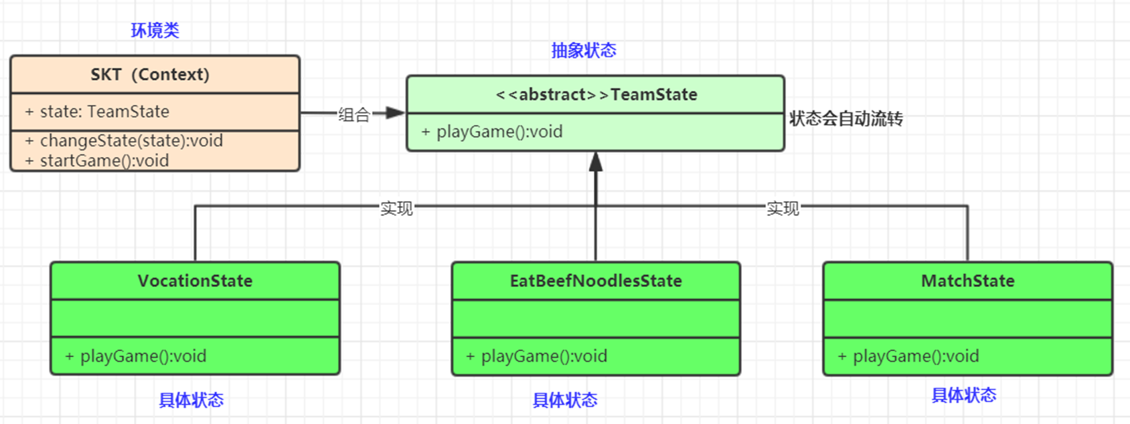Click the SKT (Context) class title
coord(150,74)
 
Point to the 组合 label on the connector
coord(353,114)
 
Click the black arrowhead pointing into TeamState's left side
coord(396,113)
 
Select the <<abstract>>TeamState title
coord(596,95)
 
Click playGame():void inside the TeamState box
coord(499,132)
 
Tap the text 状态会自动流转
coord(845,119)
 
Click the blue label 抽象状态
coord(583,50)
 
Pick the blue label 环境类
coord(155,30)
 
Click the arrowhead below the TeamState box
coord(596,162)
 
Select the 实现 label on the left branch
coord(396,209)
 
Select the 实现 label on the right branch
coord(783,209)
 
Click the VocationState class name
coord(195,281)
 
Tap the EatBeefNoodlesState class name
coord(596,281)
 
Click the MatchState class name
coord(967,281)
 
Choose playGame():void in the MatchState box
coord(916,356)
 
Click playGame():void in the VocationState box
coord(143,356)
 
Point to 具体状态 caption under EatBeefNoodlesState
coord(564,400)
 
